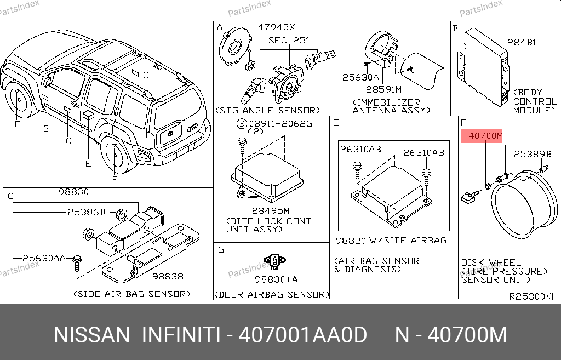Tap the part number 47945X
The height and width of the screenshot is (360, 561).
tap(276, 27)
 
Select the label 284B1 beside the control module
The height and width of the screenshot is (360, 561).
tap(522, 42)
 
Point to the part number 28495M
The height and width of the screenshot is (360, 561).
tap(271, 211)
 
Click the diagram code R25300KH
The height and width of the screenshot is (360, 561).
tap(534, 296)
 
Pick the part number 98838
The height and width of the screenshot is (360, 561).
tap(168, 276)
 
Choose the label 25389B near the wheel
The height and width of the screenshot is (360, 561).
tap(533, 154)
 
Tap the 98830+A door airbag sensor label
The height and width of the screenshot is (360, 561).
tap(276, 279)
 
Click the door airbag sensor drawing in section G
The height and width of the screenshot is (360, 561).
tap(275, 262)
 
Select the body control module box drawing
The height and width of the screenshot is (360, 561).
tap(483, 67)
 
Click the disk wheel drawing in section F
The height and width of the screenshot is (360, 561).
tap(524, 204)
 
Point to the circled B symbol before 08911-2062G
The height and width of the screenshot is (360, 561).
tap(242, 124)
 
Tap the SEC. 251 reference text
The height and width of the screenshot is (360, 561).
tap(289, 41)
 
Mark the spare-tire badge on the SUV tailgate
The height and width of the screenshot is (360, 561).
tap(169, 133)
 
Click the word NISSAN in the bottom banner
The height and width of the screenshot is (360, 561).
tap(91, 335)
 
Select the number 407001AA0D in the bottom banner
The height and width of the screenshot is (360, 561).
tap(302, 335)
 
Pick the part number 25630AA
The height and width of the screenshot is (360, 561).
tap(44, 258)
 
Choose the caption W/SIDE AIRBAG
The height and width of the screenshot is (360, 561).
tap(408, 240)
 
